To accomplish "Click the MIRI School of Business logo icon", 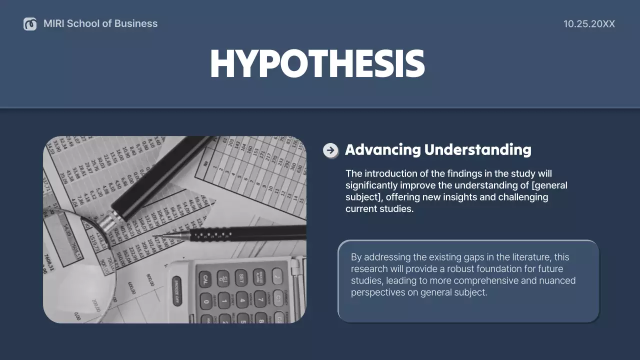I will [30, 24].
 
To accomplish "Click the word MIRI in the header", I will [53, 23].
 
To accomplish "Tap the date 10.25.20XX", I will [589, 24].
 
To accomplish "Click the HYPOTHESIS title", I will [317, 64].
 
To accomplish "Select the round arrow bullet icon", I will [330, 150].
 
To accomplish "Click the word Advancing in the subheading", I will [382, 150].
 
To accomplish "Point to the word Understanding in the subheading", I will [477, 150].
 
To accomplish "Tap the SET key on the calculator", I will [241, 277].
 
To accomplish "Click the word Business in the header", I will [136, 23].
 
